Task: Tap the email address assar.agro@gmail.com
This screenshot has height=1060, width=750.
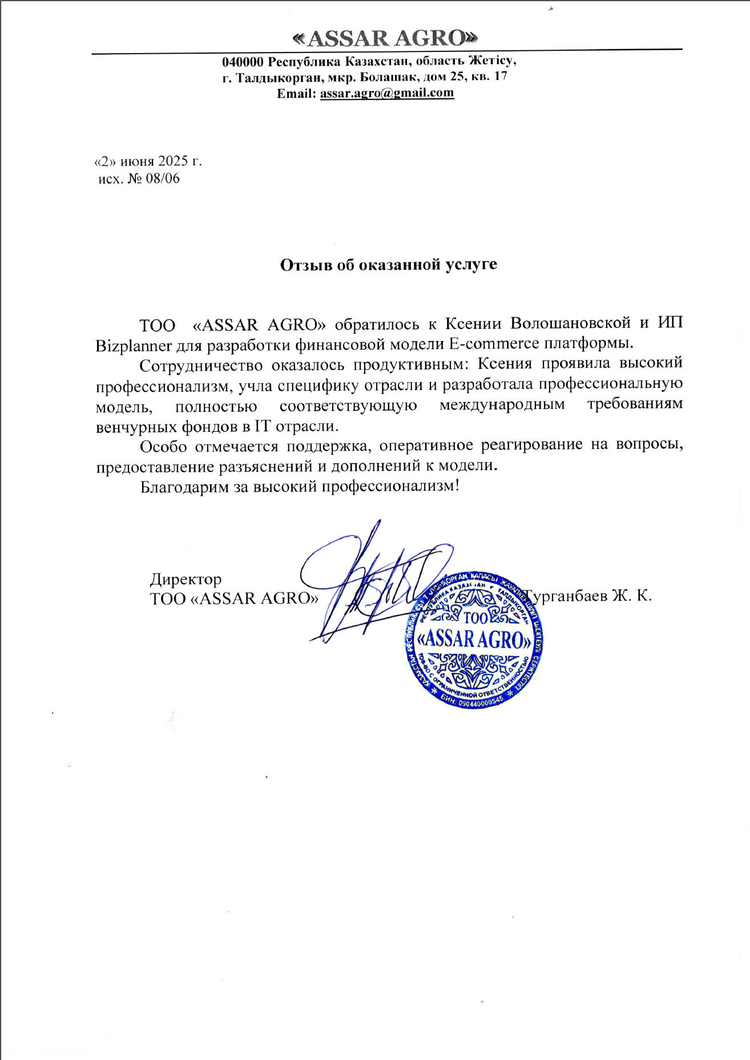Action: pos(387,93)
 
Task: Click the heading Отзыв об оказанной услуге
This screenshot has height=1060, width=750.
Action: pos(388,265)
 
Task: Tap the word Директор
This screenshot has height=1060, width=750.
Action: pos(186,579)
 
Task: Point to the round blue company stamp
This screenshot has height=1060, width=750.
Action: pos(473,640)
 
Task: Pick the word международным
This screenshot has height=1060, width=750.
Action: pos(502,405)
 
